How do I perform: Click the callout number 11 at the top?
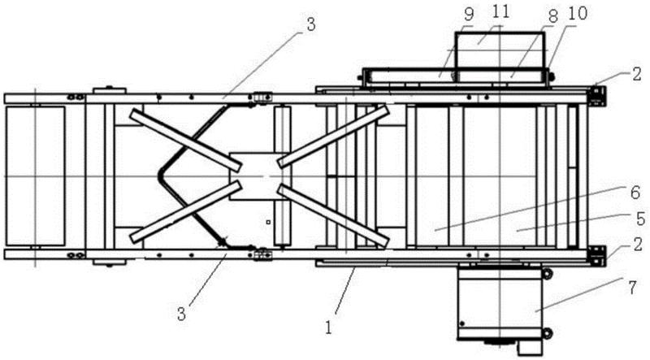coord(496,15)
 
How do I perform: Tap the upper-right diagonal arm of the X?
coord(333,135)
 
